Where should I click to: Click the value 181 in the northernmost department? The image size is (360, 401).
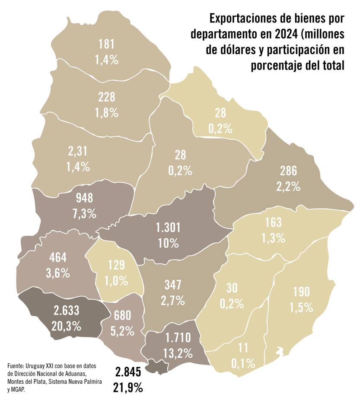point(106,44)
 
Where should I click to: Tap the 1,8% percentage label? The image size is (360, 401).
point(106,113)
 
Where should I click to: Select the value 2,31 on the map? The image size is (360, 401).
point(78,151)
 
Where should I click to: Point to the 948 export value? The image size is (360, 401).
point(84,198)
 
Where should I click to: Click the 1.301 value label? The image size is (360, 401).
point(168,228)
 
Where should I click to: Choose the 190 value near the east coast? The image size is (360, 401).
point(301,292)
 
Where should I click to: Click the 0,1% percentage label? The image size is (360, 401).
point(243,363)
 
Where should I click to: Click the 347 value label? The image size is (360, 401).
point(172,284)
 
